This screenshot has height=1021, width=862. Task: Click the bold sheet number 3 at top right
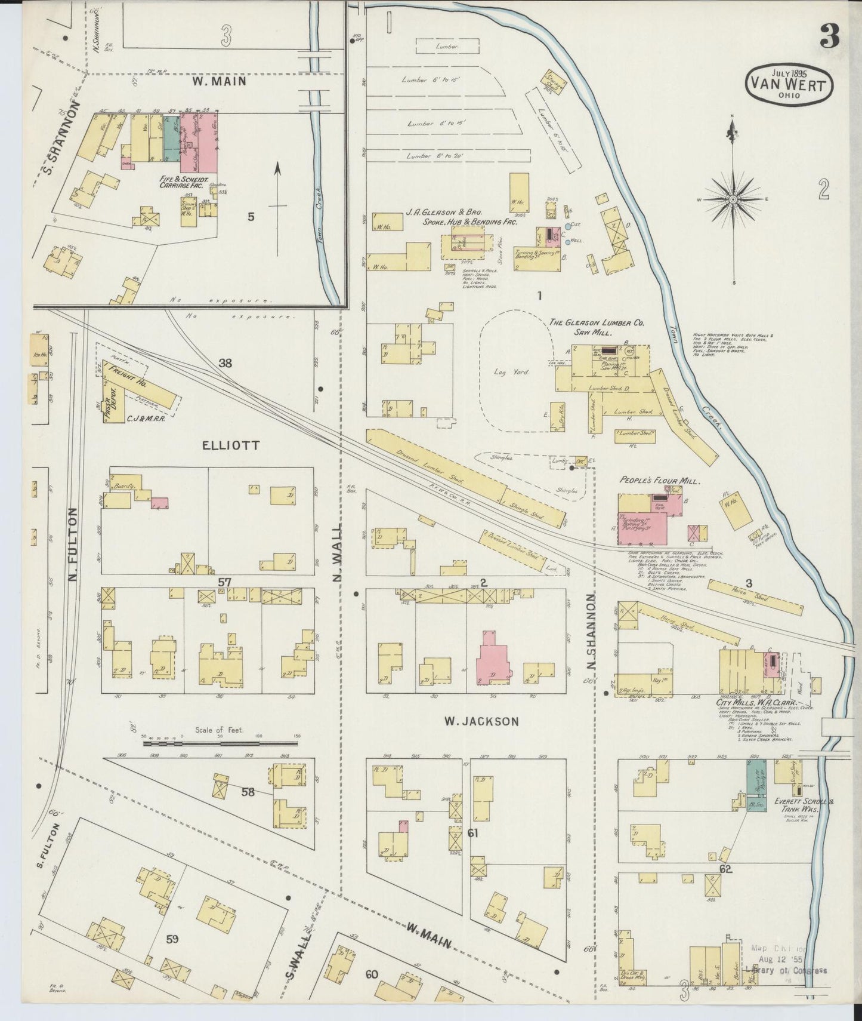[x=829, y=37]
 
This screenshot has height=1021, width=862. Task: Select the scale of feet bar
[x=221, y=744]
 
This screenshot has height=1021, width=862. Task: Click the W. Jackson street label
[x=481, y=721]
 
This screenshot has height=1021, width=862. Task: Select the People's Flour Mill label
[x=660, y=481]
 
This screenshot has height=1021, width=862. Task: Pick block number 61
[x=473, y=832]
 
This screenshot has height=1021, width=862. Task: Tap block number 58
[x=249, y=792]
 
